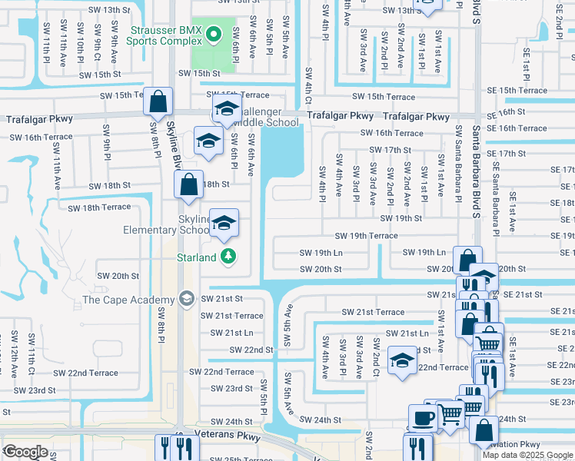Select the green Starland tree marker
tap(228, 257)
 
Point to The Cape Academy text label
tap(128, 300)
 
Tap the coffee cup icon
tap(422, 418)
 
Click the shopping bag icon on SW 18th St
tap(188, 184)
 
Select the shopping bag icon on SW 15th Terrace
tap(158, 101)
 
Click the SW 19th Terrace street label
tap(366, 236)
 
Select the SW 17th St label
tap(391, 150)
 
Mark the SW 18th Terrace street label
tap(99, 207)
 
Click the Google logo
tap(25, 452)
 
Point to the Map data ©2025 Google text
tap(527, 455)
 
